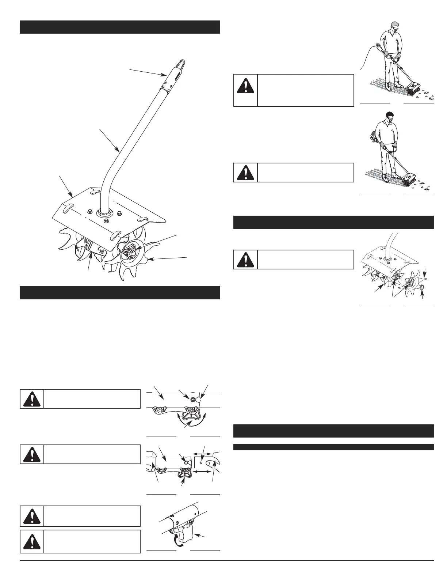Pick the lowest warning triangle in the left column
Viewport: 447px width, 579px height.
[32, 541]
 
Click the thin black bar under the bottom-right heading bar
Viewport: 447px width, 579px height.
[333, 447]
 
